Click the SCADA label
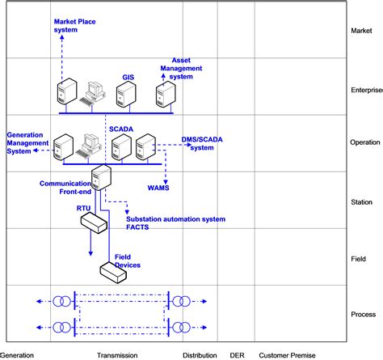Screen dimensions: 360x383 pyautogui.click(x=122, y=128)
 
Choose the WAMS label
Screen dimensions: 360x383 pyautogui.click(x=170, y=188)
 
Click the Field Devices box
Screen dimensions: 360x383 pyautogui.click(x=112, y=273)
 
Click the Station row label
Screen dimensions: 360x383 pyautogui.click(x=362, y=201)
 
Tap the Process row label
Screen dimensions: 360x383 pyautogui.click(x=364, y=314)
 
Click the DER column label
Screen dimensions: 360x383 pyautogui.click(x=237, y=355)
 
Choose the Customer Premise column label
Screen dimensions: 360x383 pyautogui.click(x=288, y=355)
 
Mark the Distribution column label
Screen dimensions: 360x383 pyautogui.click(x=199, y=355)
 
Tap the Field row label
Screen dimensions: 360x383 pyautogui.click(x=360, y=258)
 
